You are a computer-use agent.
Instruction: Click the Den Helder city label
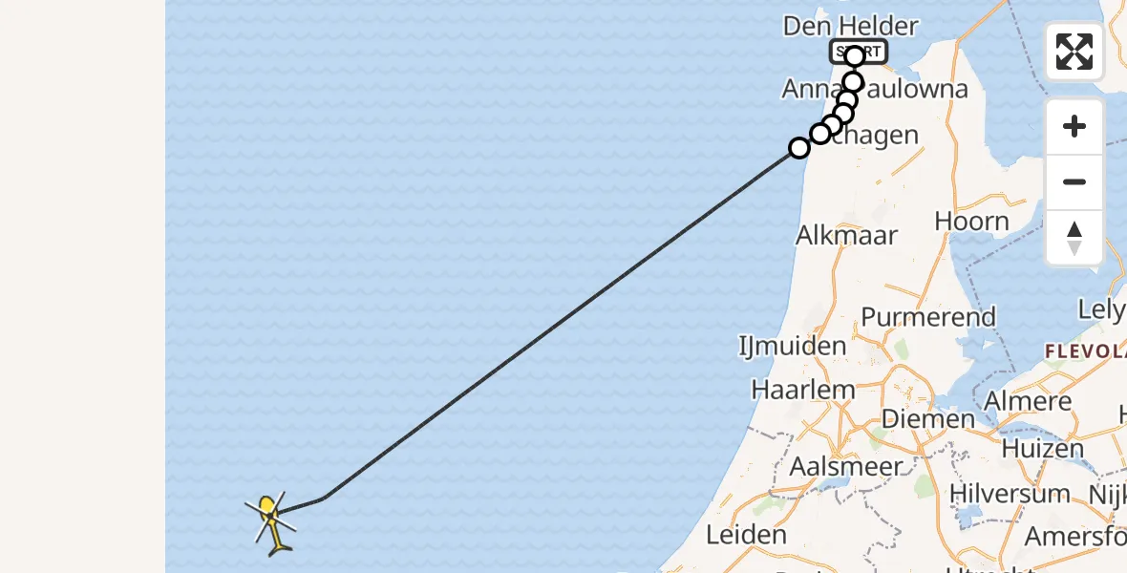[x=850, y=27]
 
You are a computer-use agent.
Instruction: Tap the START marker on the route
[x=859, y=53]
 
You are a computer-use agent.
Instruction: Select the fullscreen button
[x=1074, y=52]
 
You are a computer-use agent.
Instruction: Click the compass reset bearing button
[x=1074, y=238]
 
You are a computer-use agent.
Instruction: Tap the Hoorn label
[x=971, y=222]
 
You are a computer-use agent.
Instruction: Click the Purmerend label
[x=928, y=317]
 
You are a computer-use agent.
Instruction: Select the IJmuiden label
[x=793, y=346]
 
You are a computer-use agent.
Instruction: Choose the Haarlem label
[x=803, y=390]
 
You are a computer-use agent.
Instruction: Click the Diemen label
[x=927, y=419]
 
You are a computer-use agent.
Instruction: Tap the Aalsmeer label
[x=846, y=467]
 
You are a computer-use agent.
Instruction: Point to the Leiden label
[x=746, y=535]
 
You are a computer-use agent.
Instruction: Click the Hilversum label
[x=1010, y=494]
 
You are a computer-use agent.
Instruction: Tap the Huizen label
[x=1043, y=448]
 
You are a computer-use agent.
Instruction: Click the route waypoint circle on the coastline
[x=799, y=148]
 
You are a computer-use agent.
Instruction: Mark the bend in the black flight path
[x=325, y=498]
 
